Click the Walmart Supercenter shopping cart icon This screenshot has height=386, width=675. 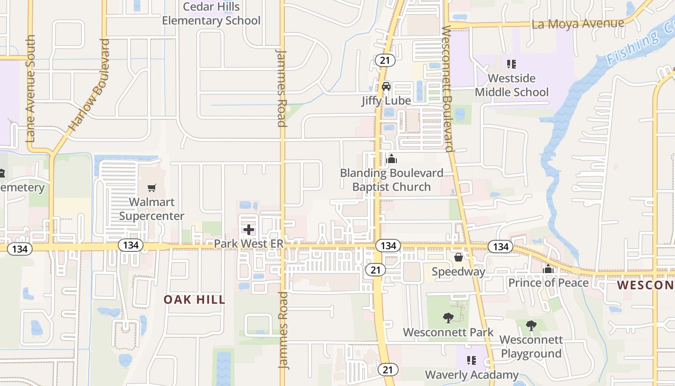pyautogui.click(x=152, y=188)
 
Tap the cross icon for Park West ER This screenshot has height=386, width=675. pyautogui.click(x=249, y=230)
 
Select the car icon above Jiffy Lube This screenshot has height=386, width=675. pyautogui.click(x=386, y=86)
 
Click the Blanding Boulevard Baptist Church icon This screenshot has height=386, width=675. pyautogui.click(x=391, y=159)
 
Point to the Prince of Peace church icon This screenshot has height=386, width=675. pyautogui.click(x=548, y=269)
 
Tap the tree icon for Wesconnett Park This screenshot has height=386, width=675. pyautogui.click(x=448, y=318)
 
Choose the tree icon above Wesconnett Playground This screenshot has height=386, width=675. pyautogui.click(x=531, y=326)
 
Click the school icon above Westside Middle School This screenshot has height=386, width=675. pyautogui.click(x=512, y=64)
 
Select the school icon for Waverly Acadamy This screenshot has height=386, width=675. pyautogui.click(x=472, y=360)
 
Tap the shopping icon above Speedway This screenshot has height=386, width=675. pyautogui.click(x=458, y=257)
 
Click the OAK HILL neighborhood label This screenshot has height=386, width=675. pyautogui.click(x=194, y=300)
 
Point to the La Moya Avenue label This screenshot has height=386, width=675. pyautogui.click(x=578, y=23)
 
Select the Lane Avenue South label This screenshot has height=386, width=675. pyautogui.click(x=31, y=88)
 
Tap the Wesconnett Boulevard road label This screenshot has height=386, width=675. pyautogui.click(x=447, y=89)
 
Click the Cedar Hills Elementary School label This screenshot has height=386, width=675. pyautogui.click(x=211, y=14)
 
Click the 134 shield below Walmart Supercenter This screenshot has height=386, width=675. pyautogui.click(x=131, y=245)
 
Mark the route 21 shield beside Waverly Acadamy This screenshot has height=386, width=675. pyautogui.click(x=388, y=370)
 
